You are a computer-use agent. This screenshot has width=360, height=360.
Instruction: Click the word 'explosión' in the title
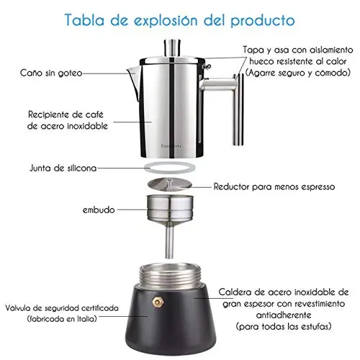(x=166, y=20)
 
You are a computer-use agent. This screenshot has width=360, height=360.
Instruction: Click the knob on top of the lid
(x=172, y=47)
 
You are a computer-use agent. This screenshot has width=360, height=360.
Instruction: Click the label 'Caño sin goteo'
(x=51, y=73)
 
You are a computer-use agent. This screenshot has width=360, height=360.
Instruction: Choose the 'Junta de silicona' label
(x=63, y=168)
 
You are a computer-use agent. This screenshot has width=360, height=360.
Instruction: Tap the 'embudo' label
(x=99, y=210)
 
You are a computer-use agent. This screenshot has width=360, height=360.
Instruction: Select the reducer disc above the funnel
(x=170, y=184)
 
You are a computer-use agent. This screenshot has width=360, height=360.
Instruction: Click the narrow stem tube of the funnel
(x=169, y=242)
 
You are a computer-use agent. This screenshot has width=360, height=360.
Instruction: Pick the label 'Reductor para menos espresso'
(x=274, y=186)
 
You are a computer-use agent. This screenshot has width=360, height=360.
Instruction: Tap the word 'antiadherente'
(x=284, y=315)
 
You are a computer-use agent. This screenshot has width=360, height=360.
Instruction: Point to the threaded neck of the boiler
(x=169, y=276)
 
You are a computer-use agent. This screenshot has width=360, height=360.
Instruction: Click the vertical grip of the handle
(x=238, y=109)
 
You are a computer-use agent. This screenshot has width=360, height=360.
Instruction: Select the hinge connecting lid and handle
(x=207, y=66)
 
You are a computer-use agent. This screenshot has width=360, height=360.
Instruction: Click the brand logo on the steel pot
(x=171, y=146)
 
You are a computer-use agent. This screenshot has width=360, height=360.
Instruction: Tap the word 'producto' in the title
(x=263, y=20)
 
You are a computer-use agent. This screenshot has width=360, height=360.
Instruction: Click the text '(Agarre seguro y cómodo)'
(x=298, y=73)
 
